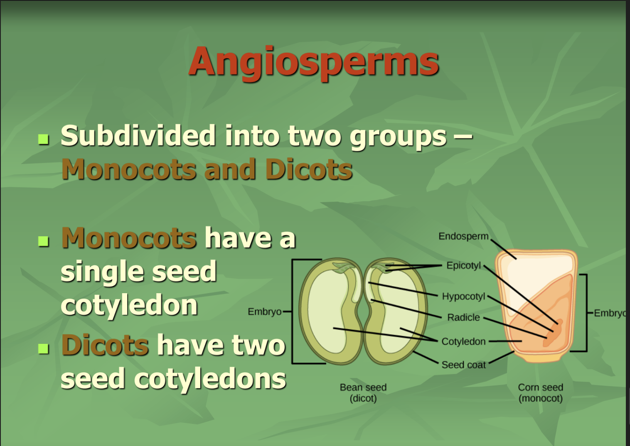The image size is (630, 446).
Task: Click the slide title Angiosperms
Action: [314, 62]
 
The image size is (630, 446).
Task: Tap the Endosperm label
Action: [463, 236]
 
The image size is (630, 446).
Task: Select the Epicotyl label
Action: [463, 265]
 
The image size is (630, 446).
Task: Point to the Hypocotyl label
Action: [463, 297]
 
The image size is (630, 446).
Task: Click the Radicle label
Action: [463, 318]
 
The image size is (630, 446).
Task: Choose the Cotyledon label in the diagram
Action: [463, 341]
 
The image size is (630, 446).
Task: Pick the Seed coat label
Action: [463, 365]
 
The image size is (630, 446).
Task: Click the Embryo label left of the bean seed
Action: [264, 312]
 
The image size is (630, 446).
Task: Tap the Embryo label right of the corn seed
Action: [610, 313]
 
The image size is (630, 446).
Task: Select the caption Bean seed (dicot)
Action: [363, 393]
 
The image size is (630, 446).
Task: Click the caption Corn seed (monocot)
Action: [540, 393]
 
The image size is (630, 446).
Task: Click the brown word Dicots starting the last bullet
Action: [105, 345]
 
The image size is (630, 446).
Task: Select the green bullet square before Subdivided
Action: [44, 138]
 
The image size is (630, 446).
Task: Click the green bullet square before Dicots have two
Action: [44, 348]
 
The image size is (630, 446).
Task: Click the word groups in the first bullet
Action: [398, 137]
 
